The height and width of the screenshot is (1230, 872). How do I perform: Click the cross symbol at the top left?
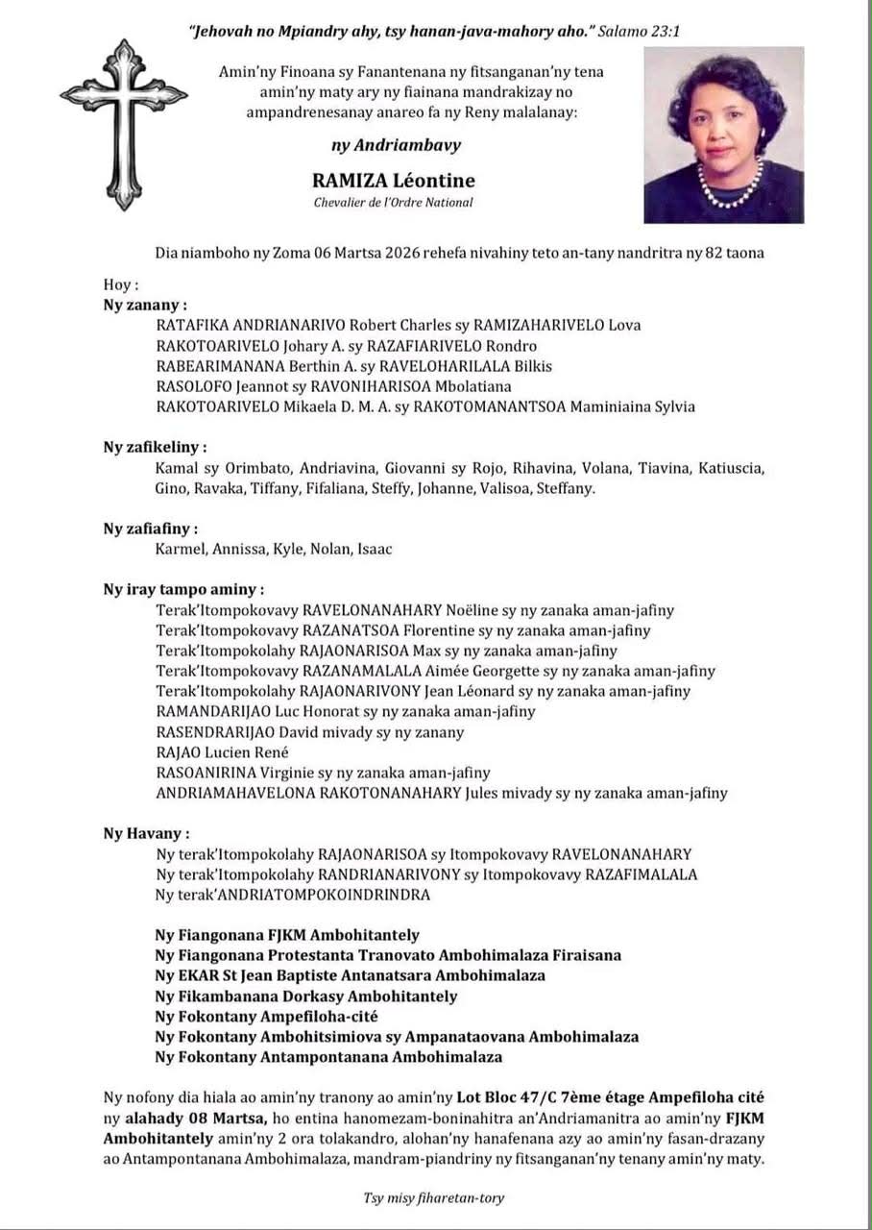pos(123,123)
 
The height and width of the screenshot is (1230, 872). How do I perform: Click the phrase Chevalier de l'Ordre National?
pos(393,203)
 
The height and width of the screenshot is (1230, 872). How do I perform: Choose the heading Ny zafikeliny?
pos(156,447)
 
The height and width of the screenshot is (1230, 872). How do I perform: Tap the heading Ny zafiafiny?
pos(151,529)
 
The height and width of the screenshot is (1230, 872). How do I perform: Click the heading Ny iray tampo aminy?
pos(183,589)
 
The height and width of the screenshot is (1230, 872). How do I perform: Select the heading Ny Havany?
pos(146,833)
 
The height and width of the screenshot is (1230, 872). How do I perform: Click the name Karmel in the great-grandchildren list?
pos(177,549)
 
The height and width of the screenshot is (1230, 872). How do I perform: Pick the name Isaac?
pos(375,549)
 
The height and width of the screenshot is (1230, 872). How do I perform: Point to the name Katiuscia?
pos(731,468)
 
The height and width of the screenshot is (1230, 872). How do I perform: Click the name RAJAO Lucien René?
pos(222,752)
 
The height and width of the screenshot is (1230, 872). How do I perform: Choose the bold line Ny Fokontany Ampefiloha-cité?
pos(267,1016)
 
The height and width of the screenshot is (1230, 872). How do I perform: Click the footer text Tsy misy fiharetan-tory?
pos(433,1197)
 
